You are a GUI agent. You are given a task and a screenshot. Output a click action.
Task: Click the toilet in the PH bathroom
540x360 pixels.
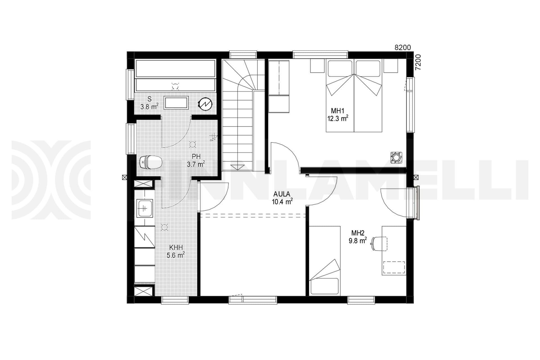tap(151, 162)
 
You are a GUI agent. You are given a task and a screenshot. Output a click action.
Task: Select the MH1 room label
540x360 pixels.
tap(336, 110)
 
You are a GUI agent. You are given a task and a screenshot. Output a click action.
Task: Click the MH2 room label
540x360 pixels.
tap(358, 233)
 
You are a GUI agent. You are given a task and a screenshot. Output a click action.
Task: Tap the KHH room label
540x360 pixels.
tap(176, 247)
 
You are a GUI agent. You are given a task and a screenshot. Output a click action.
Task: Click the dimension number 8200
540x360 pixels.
tap(403, 48)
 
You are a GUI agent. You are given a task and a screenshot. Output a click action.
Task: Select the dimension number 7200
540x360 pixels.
tap(418, 62)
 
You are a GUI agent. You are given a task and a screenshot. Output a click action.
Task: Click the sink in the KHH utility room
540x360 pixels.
tap(145, 208)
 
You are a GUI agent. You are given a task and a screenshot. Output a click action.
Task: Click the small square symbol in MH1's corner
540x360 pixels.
tap(396, 157)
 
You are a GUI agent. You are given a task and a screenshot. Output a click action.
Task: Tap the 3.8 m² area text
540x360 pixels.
tap(149, 107)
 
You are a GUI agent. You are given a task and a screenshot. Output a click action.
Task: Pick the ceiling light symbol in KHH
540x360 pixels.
tap(164, 227)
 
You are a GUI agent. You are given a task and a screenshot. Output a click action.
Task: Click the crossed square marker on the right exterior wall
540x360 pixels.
tap(416, 177)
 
